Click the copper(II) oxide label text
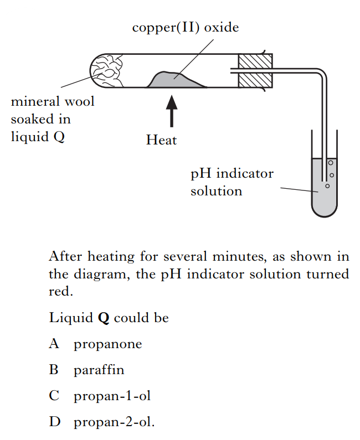pos(186,28)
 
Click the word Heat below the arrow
pos(161,140)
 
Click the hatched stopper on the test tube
pos(255,71)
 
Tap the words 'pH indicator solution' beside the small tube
pos(232,182)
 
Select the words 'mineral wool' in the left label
pos(53,102)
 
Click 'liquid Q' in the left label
pos(38,137)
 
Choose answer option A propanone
pos(107,344)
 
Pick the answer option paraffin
pos(99,370)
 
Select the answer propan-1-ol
pos(112,396)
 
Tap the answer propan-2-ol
pos(114,422)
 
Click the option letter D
pos(54,422)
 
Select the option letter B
pos(54,370)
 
